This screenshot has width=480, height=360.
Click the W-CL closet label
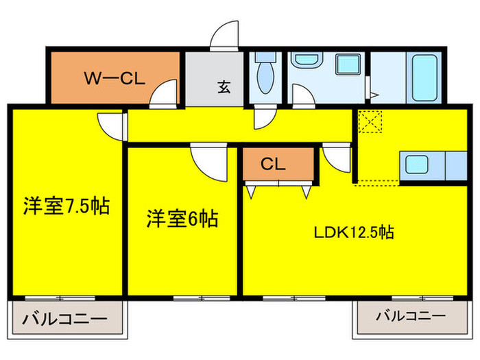tap(113, 77)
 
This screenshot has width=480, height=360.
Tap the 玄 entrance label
tap(224, 87)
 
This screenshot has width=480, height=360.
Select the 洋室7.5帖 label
tap(67, 205)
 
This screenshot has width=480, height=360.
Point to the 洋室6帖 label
tap(182, 219)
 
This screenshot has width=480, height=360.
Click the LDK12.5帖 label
tap(353, 232)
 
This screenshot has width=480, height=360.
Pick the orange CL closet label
tap(272, 164)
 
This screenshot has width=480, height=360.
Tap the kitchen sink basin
tap(418, 165)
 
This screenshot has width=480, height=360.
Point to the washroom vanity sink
tap(304, 61)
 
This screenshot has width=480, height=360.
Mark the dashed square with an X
tap(371, 121)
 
